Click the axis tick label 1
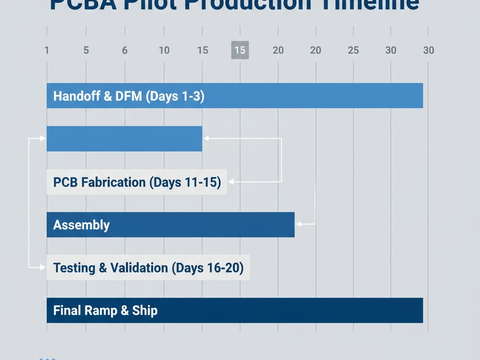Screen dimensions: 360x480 point(46,50)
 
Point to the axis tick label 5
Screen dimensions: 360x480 point(86,50)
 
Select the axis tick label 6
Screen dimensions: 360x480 point(125,50)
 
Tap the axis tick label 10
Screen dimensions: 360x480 point(164,50)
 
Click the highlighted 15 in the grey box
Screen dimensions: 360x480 point(240,50)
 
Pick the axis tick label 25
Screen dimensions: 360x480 point(353,50)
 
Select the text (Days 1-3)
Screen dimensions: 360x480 point(175,96)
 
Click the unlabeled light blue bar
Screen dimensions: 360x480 point(124,139)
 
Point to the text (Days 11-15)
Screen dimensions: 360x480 point(185,182)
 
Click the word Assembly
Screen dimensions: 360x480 point(82,225)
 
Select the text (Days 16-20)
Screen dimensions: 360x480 point(208,268)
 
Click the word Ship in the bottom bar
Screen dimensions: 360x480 point(145,310)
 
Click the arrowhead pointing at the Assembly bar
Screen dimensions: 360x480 point(298,225)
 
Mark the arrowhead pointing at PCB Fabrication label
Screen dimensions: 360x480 point(230,181)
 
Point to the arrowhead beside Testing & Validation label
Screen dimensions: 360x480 point(44,268)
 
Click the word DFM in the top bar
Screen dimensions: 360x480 point(128,96)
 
